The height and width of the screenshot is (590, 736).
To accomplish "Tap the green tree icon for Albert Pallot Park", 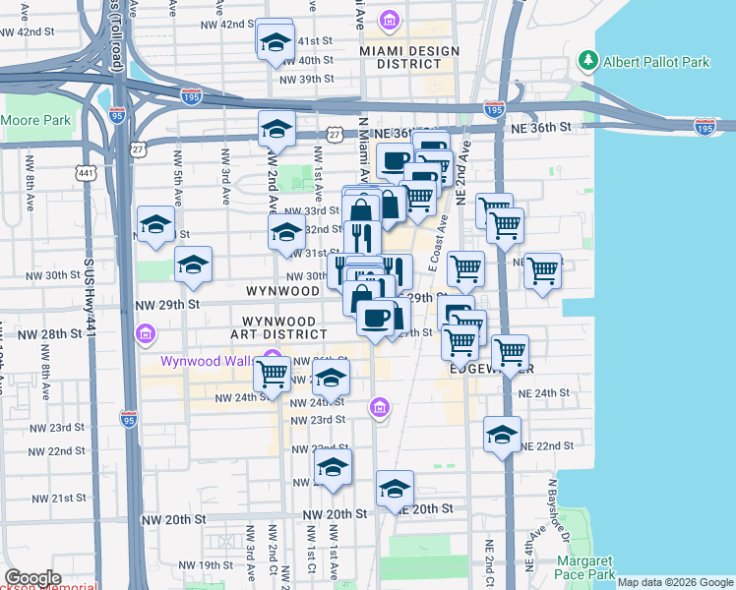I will [x=589, y=61].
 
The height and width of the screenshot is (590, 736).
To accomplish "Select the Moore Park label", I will [x=36, y=121].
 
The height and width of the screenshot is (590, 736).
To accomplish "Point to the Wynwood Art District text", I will [x=278, y=327].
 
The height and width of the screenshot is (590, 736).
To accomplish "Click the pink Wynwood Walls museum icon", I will [x=274, y=360].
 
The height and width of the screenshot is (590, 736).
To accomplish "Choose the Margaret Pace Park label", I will [x=584, y=567].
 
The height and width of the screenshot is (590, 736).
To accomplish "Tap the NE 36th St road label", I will [x=540, y=127].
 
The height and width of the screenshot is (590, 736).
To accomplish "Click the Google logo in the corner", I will [x=32, y=578].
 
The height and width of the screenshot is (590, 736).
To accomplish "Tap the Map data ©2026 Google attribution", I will [x=675, y=582].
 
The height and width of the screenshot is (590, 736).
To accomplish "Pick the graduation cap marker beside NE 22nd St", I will [x=502, y=435].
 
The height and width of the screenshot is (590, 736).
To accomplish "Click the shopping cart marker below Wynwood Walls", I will [x=273, y=374].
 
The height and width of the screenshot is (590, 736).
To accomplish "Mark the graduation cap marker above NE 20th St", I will [x=395, y=489].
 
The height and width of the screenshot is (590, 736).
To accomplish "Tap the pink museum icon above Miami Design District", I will [x=389, y=20].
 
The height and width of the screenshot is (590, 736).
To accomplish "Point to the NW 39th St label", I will [x=307, y=80].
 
